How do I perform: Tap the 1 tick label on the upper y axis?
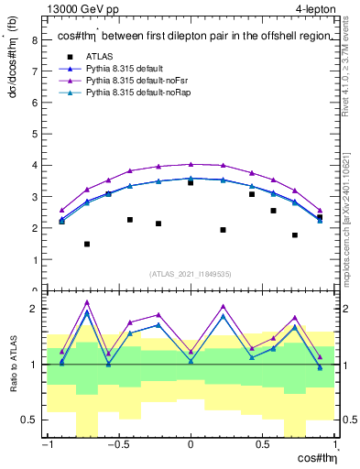click(x=35, y=259)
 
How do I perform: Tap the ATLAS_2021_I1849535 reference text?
click(x=191, y=273)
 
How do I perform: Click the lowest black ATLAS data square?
click(x=87, y=245)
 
